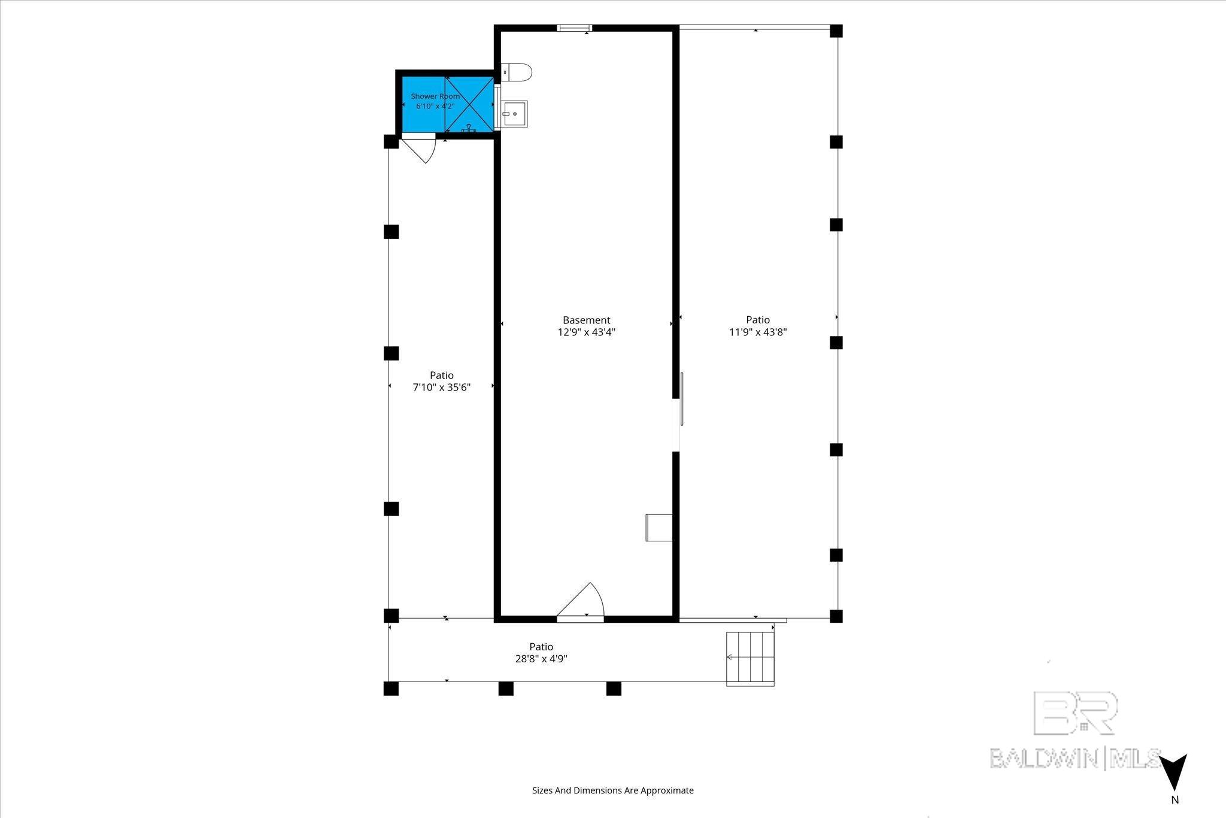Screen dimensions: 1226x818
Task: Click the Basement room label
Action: click(586, 320)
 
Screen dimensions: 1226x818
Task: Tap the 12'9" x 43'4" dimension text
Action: click(587, 332)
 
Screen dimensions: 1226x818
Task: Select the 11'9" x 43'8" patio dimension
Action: click(757, 332)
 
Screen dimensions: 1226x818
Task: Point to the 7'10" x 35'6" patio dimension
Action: click(442, 387)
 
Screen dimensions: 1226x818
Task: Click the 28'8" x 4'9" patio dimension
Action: click(541, 659)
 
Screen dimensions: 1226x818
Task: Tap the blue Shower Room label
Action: click(435, 96)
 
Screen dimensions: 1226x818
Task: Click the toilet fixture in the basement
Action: click(516, 72)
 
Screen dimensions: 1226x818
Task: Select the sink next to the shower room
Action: click(514, 114)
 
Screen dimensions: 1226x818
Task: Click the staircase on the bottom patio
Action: click(750, 659)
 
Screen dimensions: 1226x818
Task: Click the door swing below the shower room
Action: click(420, 150)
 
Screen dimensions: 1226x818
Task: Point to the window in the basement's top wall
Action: click(574, 28)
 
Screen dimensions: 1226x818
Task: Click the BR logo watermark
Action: click(1076, 713)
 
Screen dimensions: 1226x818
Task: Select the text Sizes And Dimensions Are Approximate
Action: click(613, 790)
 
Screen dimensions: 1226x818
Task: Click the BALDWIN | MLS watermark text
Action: click(1076, 758)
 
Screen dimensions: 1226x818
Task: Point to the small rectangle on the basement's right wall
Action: click(659, 528)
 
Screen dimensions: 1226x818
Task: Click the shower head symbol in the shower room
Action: click(469, 128)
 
